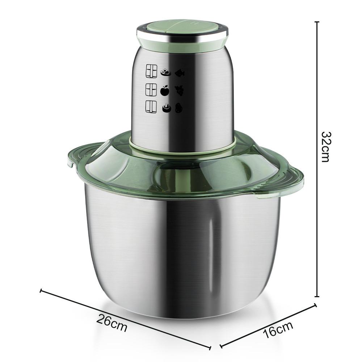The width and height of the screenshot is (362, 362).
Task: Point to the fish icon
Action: tap(180, 73)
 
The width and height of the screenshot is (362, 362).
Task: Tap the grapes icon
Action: tap(180, 90)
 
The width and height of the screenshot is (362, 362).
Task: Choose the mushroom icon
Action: tap(166, 108)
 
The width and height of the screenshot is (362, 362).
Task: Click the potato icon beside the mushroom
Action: tap(179, 108)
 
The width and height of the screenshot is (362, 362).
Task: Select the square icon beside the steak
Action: tap(151, 71)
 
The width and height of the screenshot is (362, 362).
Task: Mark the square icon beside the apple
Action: tap(151, 89)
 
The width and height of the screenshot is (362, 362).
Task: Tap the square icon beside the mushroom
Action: tap(151, 107)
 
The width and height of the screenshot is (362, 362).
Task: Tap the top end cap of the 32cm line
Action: tap(317, 22)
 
